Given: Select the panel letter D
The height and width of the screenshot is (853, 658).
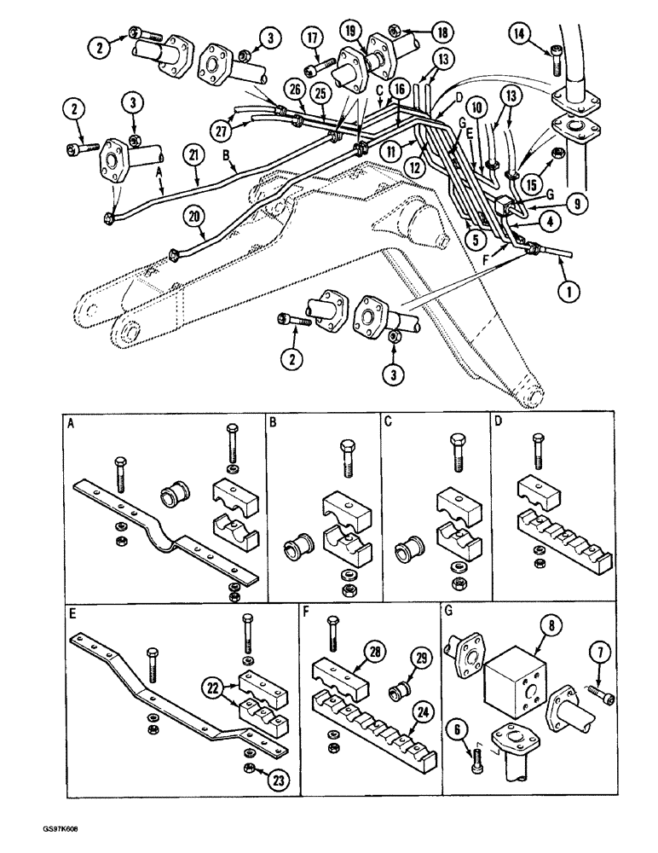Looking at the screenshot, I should click(x=499, y=421).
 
